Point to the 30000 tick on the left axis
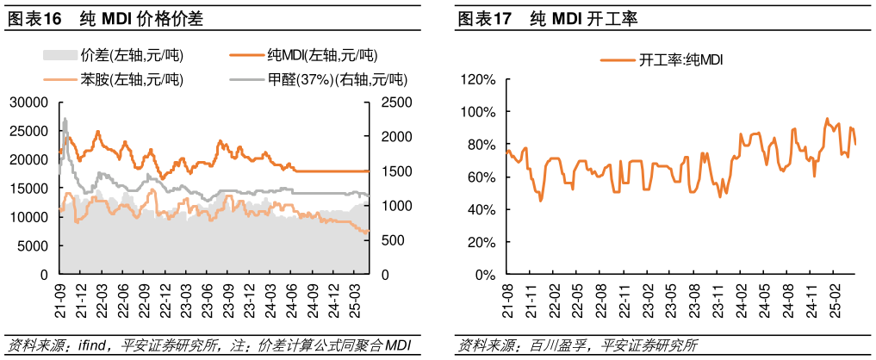coord(28,102)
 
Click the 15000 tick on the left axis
coord(28,189)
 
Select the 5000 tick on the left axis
coord(32,246)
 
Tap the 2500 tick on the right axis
coord(389,102)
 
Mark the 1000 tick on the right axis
coord(389,206)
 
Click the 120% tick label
coord(478,80)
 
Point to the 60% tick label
coord(481,177)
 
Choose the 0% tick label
coord(485,275)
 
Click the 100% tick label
coord(478,113)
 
